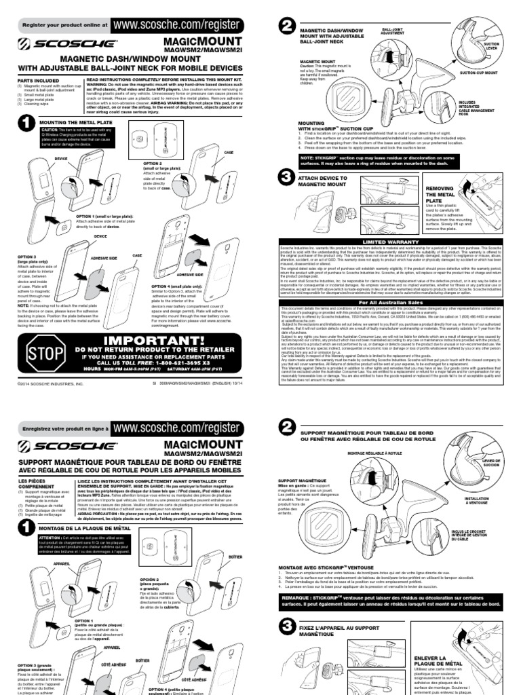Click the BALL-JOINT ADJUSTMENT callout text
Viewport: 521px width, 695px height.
(x=397, y=33)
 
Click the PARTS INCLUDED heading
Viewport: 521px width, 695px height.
(x=35, y=79)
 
